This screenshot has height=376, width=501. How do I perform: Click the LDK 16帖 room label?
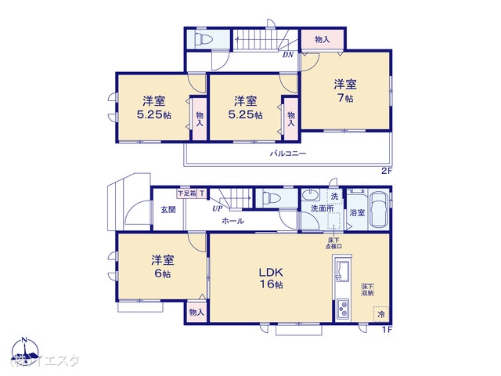click(272, 278)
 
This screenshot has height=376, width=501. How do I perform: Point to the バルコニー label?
click(289, 154)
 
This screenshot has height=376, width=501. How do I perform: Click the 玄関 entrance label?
click(168, 209)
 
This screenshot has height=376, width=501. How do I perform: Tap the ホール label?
click(232, 221)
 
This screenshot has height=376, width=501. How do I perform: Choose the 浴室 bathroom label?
click(356, 212)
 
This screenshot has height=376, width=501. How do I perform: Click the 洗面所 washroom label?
click(321, 209)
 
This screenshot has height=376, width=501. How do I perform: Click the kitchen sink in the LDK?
click(343, 274)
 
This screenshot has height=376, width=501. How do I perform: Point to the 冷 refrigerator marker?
click(381, 314)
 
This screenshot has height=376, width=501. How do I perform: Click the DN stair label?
click(288, 55)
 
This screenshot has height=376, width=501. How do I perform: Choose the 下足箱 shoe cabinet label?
click(186, 193)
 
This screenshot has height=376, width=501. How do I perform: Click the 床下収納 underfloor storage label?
click(367, 290)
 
